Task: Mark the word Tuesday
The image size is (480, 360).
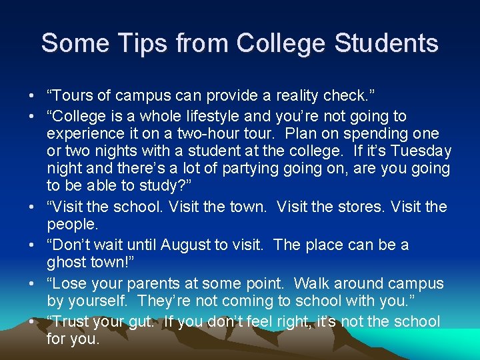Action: [419, 151]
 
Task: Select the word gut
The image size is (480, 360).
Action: [139, 322]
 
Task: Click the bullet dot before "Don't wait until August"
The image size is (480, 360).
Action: [33, 245]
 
